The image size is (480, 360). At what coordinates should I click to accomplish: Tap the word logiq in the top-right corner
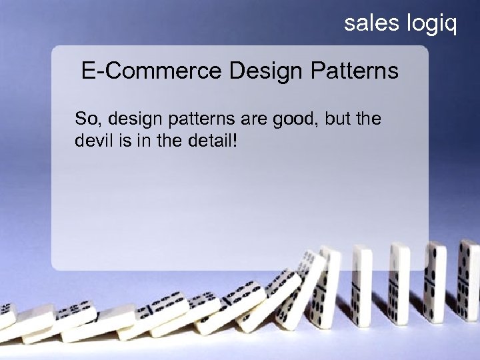click(x=431, y=25)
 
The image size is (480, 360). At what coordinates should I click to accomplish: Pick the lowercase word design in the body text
click(x=129, y=121)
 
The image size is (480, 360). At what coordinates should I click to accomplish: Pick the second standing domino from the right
click(x=437, y=280)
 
